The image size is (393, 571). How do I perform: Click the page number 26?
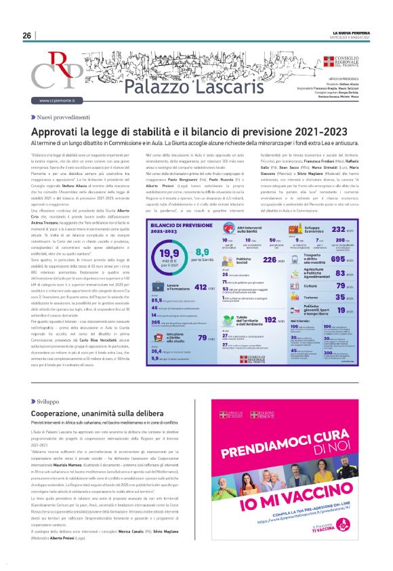coord(27,35)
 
